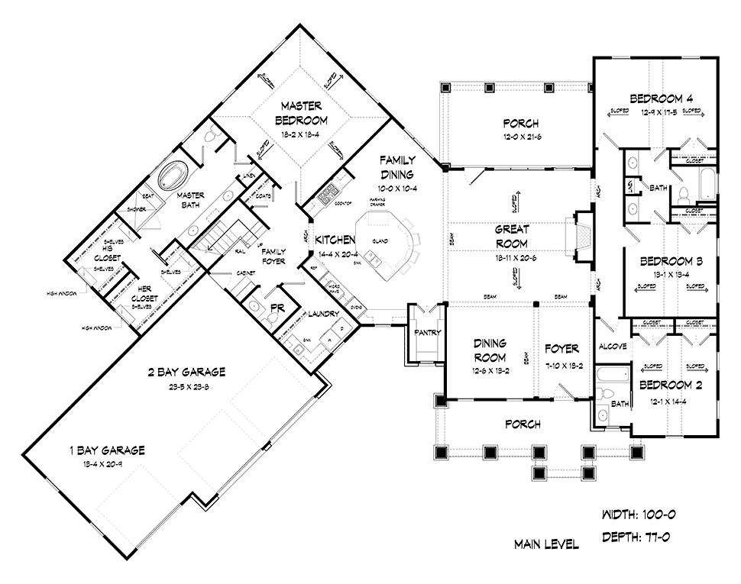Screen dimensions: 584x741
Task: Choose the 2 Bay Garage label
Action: (x=187, y=373)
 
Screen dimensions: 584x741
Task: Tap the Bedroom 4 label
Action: (x=662, y=98)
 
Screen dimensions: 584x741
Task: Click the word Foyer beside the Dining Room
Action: (x=561, y=350)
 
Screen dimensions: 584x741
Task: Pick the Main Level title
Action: (x=546, y=544)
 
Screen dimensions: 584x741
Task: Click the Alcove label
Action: (x=613, y=347)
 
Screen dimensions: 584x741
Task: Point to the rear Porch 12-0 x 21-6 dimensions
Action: (x=522, y=138)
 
